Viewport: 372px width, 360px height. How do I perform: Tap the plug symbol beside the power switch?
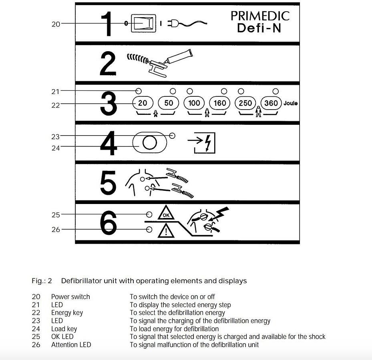click(175, 24)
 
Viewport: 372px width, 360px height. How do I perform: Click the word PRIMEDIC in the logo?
click(260, 16)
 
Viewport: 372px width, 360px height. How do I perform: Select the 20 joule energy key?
click(143, 103)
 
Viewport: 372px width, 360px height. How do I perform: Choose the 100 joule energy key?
click(194, 103)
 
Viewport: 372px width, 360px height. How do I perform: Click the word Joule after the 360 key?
click(291, 103)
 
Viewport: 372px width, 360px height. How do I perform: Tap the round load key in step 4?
click(149, 143)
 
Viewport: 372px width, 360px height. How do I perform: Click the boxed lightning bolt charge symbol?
click(205, 142)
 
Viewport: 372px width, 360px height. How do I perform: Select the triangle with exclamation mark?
click(166, 231)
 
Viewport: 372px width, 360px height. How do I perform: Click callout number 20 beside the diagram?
click(56, 24)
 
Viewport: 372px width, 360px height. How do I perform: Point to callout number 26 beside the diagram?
click(56, 230)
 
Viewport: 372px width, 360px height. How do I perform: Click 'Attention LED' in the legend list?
click(71, 345)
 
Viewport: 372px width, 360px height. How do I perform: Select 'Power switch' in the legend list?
click(70, 297)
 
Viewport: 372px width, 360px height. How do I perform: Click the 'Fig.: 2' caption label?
click(42, 281)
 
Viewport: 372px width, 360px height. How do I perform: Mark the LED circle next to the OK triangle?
click(149, 214)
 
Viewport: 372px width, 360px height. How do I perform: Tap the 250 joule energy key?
click(245, 103)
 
